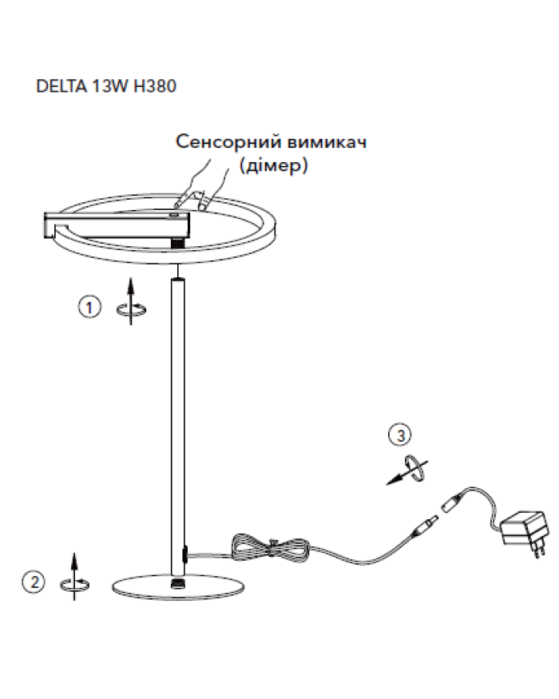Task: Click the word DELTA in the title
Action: [x=61, y=86]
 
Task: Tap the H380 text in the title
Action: [x=155, y=86]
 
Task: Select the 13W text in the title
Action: [x=110, y=86]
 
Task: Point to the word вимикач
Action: [x=327, y=141]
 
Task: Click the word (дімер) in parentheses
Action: [x=273, y=165]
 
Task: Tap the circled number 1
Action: [x=89, y=307]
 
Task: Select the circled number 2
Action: [x=34, y=582]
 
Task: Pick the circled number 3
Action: [x=400, y=435]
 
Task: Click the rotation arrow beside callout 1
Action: [x=131, y=301]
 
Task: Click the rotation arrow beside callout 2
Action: [x=74, y=577]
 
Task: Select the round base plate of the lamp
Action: [x=178, y=586]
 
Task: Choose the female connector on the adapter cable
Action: [x=453, y=501]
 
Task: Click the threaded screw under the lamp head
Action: [x=179, y=242]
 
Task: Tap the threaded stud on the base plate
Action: [x=178, y=583]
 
